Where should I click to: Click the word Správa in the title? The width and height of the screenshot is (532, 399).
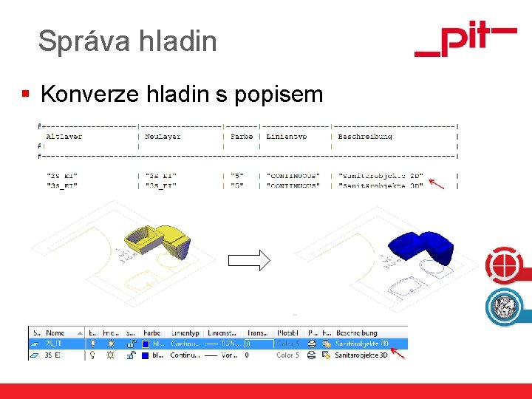78,41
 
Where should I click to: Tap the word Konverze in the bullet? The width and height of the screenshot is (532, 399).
86,95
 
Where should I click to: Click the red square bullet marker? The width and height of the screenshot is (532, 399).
26,95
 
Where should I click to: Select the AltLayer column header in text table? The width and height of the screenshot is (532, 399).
64,137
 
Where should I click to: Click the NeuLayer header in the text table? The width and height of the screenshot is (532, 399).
163,137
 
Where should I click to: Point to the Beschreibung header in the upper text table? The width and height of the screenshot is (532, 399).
365,137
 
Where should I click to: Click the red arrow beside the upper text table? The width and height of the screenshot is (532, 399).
437,182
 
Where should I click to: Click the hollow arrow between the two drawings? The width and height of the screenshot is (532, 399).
249,260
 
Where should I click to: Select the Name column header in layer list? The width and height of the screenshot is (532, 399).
55,333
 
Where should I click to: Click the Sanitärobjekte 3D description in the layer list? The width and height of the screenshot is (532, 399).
363,355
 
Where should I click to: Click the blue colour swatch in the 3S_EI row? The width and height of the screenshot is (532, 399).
146,355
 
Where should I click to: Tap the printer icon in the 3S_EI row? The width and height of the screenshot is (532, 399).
312,355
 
